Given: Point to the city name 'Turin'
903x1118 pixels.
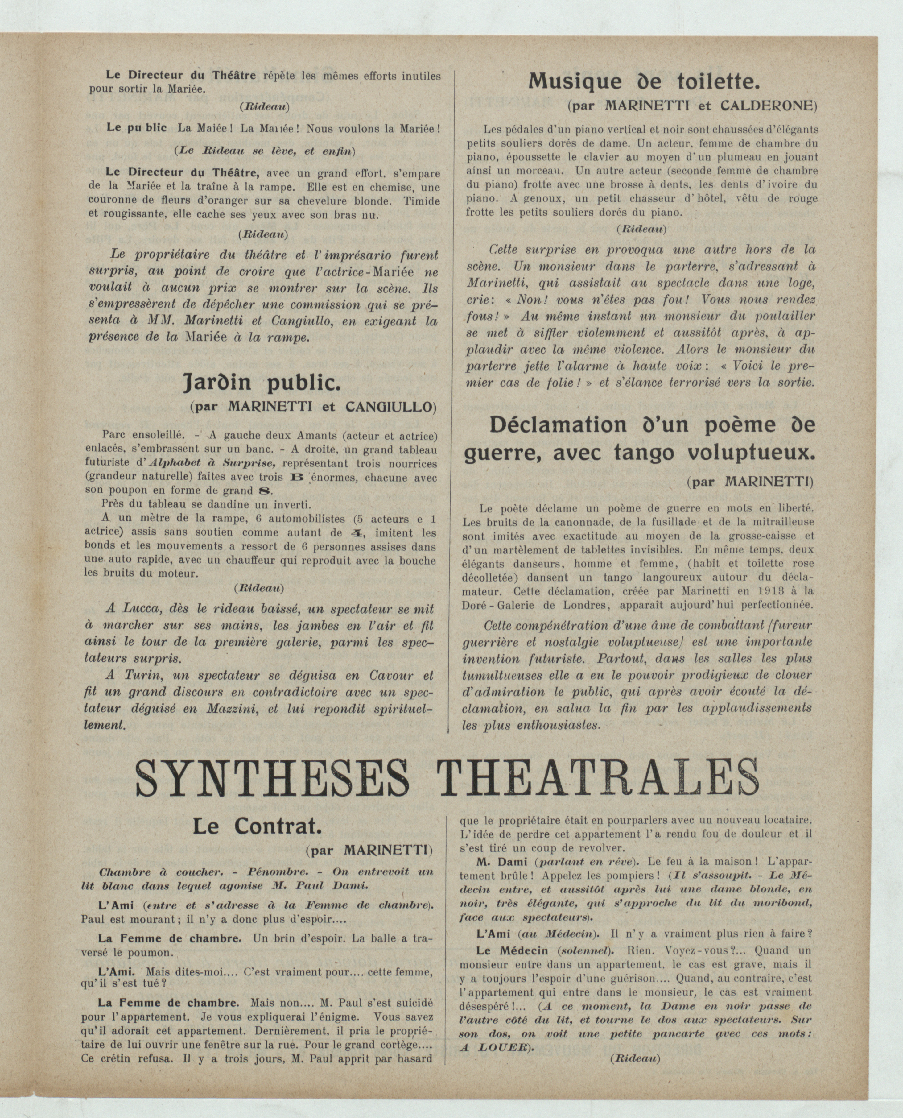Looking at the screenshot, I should pos(137,676).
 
